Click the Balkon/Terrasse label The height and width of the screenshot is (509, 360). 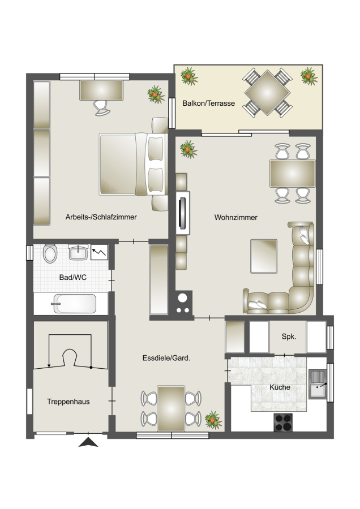coord(209,103)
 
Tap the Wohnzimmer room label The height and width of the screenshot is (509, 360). coord(236,218)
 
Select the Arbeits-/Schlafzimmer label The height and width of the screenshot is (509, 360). coord(101,217)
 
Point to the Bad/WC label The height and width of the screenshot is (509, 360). coord(73,278)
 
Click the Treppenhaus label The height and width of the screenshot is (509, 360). coord(68,402)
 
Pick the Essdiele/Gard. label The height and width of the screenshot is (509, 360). coord(166,358)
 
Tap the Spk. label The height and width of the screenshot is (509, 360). coord(289,337)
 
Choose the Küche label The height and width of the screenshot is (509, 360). coord(280,387)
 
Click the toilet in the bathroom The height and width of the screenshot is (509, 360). coord(50,253)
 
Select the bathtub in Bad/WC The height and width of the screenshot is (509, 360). coord(74,304)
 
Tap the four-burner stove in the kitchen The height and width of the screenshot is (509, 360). coord(283,422)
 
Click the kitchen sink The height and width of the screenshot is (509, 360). coord(318,385)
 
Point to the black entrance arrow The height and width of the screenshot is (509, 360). coord(88,442)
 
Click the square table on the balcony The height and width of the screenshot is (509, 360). coord(267,93)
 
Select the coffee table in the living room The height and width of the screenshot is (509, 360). coord(264,256)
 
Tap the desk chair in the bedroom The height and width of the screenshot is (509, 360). coord(102,108)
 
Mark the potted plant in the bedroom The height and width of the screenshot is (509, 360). coord(156,94)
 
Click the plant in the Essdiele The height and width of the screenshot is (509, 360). coord(213,420)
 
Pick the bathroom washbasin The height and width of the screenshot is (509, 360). coord(78,252)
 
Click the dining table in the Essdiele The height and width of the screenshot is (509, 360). coord(171,408)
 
